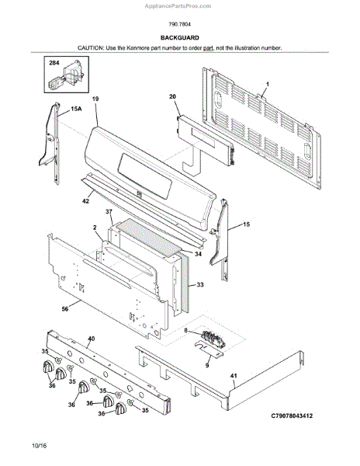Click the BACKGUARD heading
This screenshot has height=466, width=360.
click(179, 38)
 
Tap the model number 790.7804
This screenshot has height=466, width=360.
click(179, 24)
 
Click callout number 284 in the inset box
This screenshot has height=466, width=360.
click(54, 63)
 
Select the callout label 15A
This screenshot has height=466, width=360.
click(76, 109)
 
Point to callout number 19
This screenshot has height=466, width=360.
click(95, 99)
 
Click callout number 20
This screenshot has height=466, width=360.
click(172, 96)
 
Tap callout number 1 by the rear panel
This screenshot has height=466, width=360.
click(268, 85)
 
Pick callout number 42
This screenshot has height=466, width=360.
click(85, 201)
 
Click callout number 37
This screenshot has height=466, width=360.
click(109, 212)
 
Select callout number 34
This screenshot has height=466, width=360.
click(199, 254)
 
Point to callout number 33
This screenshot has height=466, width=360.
click(200, 285)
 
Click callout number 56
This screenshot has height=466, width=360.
click(65, 309)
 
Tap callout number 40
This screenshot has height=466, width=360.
click(92, 339)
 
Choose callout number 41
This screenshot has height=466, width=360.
click(234, 376)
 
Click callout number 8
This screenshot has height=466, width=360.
click(185, 330)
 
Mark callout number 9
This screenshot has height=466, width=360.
click(207, 365)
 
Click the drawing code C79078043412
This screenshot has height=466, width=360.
click(292, 416)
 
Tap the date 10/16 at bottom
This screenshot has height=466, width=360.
click(40, 446)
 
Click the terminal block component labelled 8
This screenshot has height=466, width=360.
click(213, 339)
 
